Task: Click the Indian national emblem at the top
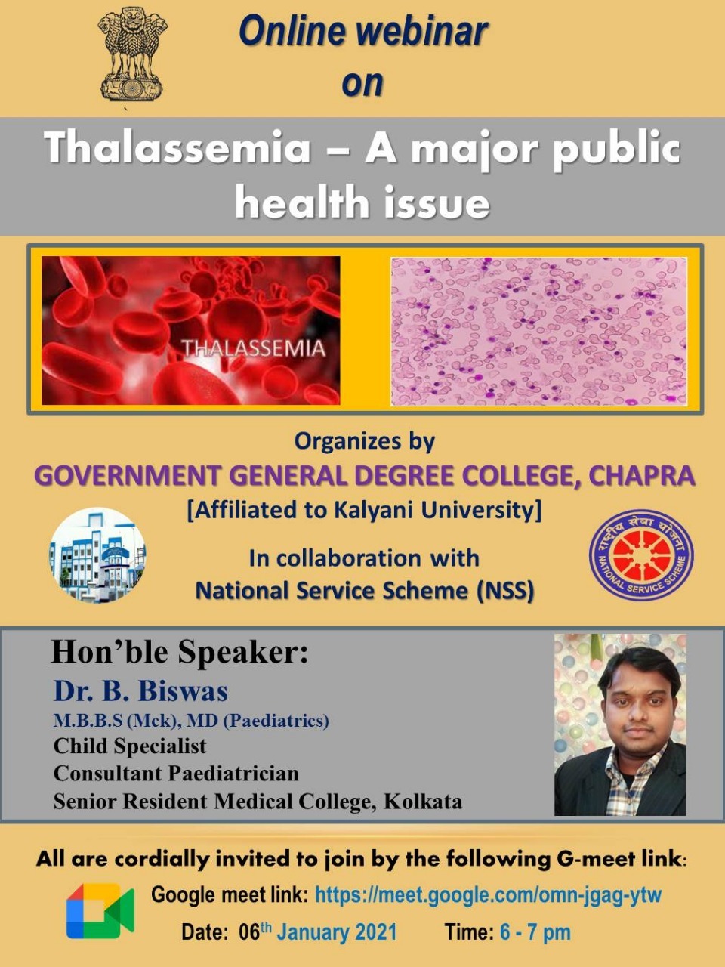point(132,54)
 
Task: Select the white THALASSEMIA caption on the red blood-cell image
point(254,348)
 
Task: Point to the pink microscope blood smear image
point(538,332)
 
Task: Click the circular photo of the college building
point(97,555)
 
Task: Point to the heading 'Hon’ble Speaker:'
point(180,652)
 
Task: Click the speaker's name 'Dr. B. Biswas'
point(141,690)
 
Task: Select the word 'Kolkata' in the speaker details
point(423,802)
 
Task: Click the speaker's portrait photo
point(620,724)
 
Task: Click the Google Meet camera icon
point(100,911)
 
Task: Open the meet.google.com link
point(488,894)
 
